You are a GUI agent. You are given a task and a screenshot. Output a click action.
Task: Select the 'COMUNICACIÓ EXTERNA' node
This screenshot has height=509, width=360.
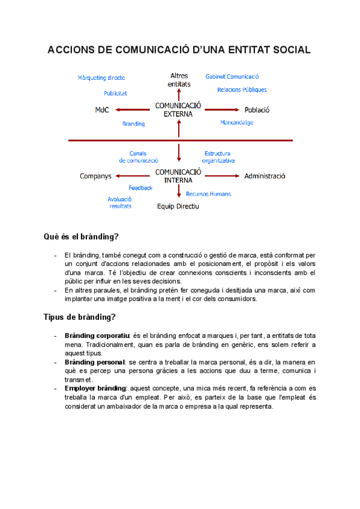pos(178,109)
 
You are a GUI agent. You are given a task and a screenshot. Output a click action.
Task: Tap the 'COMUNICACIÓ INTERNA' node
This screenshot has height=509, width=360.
pos(178,176)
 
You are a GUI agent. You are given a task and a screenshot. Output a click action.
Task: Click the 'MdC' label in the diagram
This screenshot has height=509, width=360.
pos(102,110)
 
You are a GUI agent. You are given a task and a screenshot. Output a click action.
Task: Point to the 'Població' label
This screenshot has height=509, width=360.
pos(257,110)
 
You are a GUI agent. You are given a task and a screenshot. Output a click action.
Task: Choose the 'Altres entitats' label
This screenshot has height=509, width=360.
pos(179,80)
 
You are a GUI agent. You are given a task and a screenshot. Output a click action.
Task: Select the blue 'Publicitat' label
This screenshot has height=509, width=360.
pos(115,94)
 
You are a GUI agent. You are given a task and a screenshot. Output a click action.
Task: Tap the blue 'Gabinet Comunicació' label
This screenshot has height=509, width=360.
pos(232,77)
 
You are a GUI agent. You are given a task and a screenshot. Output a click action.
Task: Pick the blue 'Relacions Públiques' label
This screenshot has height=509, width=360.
pos(242,90)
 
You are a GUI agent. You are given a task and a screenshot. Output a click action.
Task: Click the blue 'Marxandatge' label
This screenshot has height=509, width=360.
pos(236,122)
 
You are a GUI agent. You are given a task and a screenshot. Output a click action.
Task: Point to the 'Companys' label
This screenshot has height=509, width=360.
pos(96,176)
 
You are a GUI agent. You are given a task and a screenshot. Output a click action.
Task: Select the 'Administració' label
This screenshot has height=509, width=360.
pos(265,176)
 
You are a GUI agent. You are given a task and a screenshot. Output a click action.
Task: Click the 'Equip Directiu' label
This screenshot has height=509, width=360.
pos(178,206)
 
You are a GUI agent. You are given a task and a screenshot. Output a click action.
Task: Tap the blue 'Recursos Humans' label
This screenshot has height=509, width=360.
pos(208,194)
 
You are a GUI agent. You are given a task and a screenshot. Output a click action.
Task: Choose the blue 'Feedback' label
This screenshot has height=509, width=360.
pos(140,188)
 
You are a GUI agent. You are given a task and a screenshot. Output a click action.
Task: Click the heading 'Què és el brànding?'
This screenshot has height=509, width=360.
pos(81,237)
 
